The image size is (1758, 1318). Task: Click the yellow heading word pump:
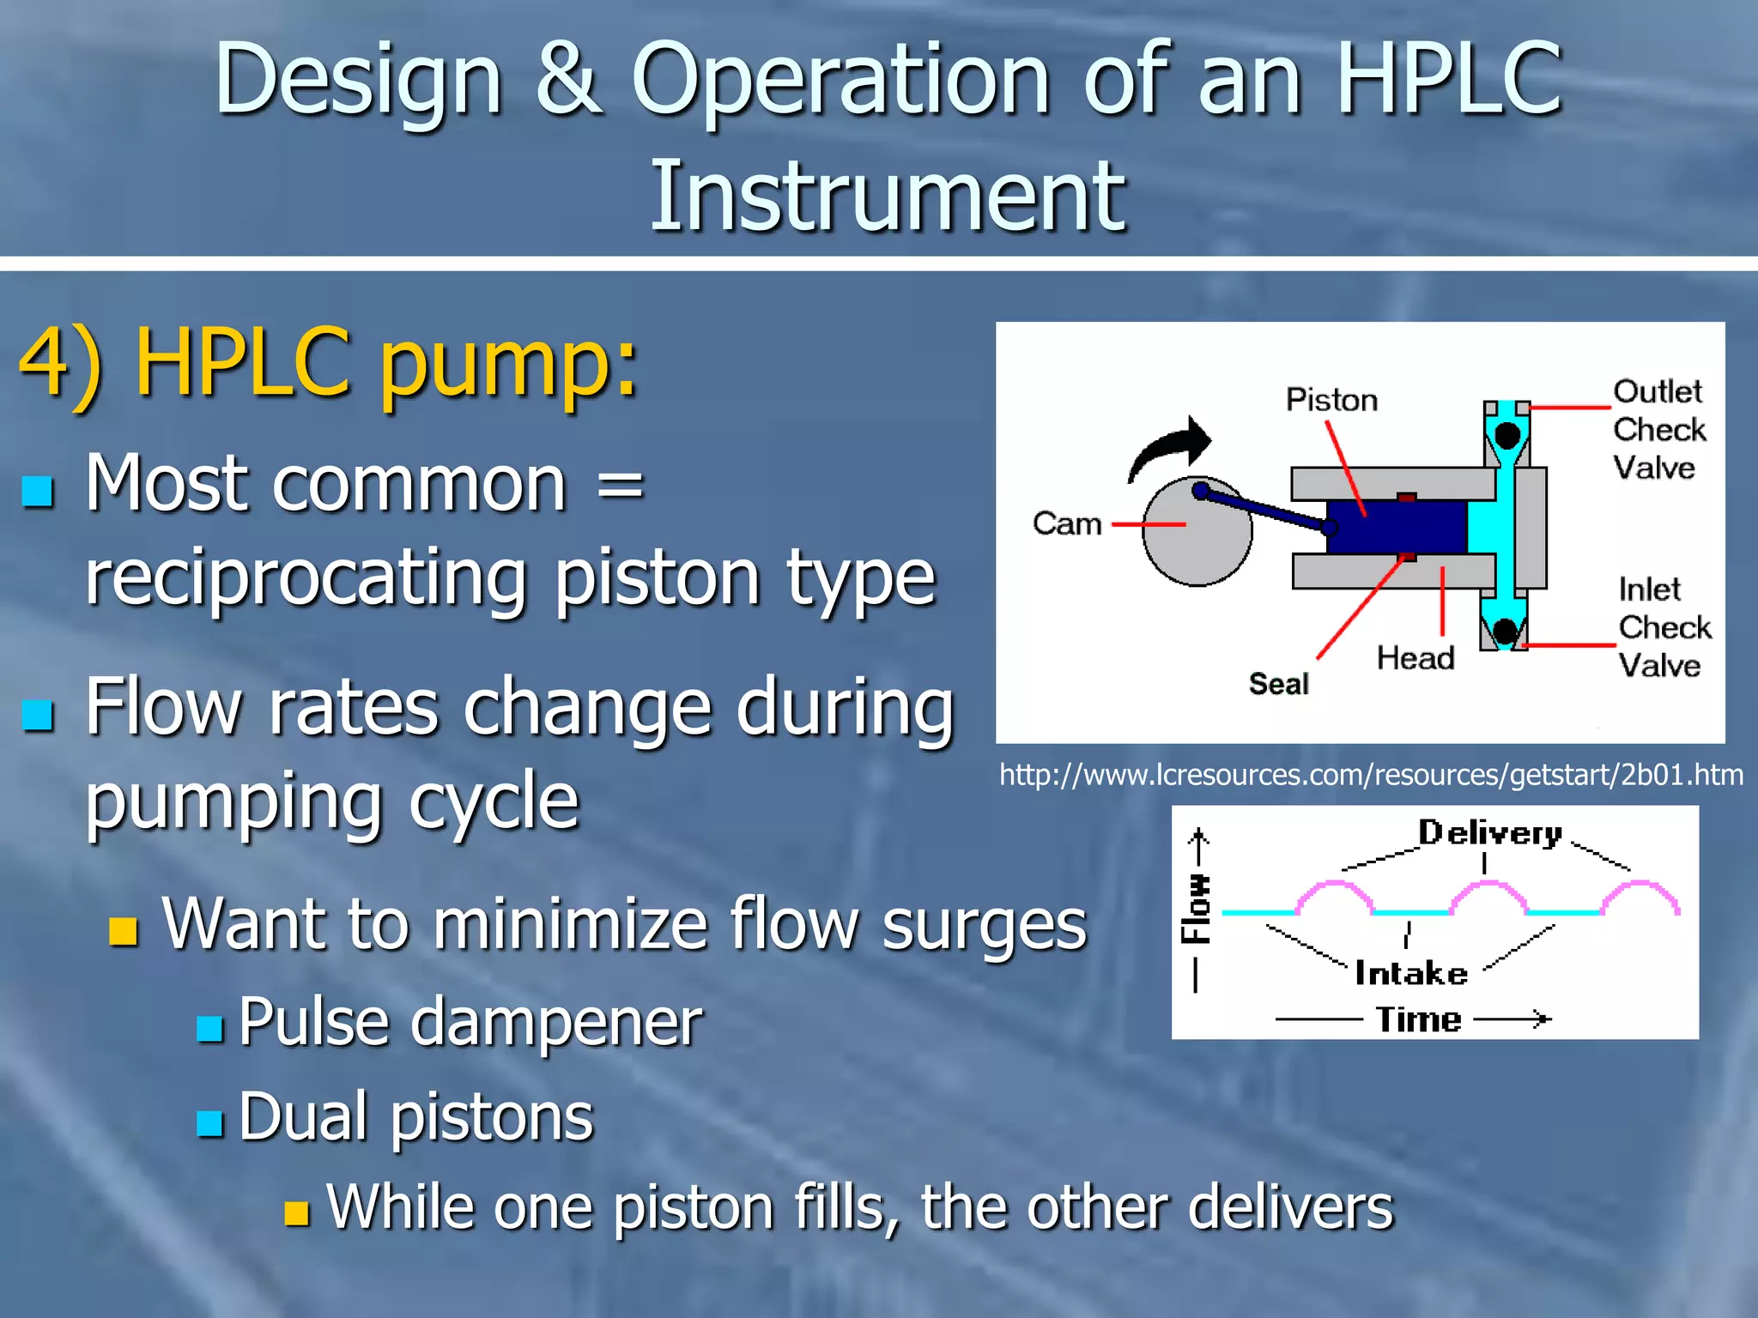click(509, 365)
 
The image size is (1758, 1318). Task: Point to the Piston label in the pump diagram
click(1331, 400)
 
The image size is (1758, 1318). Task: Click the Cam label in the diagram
click(1067, 523)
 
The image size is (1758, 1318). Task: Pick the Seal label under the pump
click(1278, 684)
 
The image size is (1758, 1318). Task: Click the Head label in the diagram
click(1415, 658)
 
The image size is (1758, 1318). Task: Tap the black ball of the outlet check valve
click(1506, 435)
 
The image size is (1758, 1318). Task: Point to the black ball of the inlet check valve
click(1505, 632)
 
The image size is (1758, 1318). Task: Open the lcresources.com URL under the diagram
click(1371, 775)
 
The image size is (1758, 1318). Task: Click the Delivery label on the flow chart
click(1489, 833)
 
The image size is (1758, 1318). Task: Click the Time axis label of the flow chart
click(1418, 1019)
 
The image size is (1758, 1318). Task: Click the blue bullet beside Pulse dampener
click(209, 1028)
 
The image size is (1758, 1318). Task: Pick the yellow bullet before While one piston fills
click(297, 1212)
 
